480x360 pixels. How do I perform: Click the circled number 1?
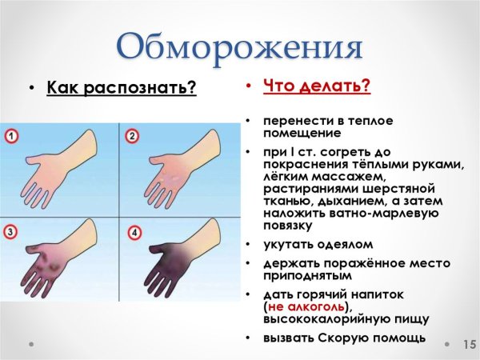point(11,137)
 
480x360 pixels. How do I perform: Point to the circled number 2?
point(133,137)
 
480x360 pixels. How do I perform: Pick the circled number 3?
point(11,233)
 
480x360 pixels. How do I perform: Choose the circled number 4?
point(133,233)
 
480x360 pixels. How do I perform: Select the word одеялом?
point(341,244)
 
